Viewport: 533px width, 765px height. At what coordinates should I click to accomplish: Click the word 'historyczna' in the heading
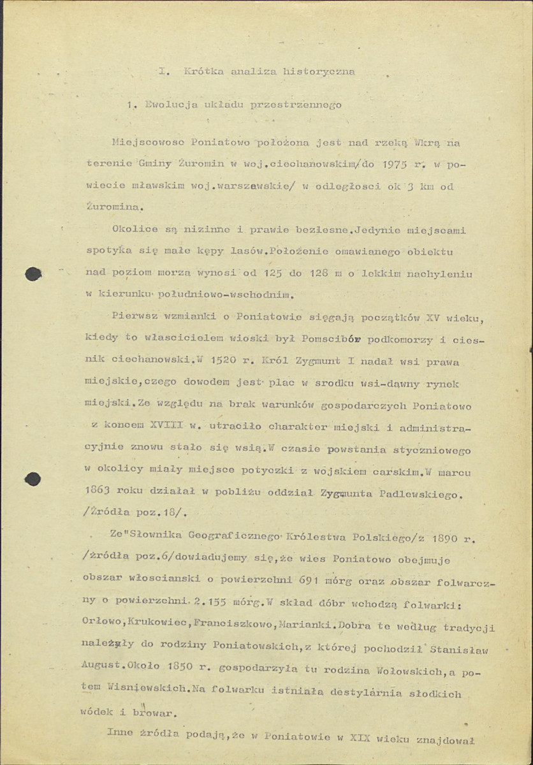(x=319, y=72)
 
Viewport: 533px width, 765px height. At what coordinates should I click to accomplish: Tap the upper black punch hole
(x=33, y=274)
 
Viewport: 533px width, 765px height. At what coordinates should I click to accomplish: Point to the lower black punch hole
(x=33, y=479)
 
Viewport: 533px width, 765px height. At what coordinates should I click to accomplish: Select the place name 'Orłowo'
(x=103, y=627)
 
